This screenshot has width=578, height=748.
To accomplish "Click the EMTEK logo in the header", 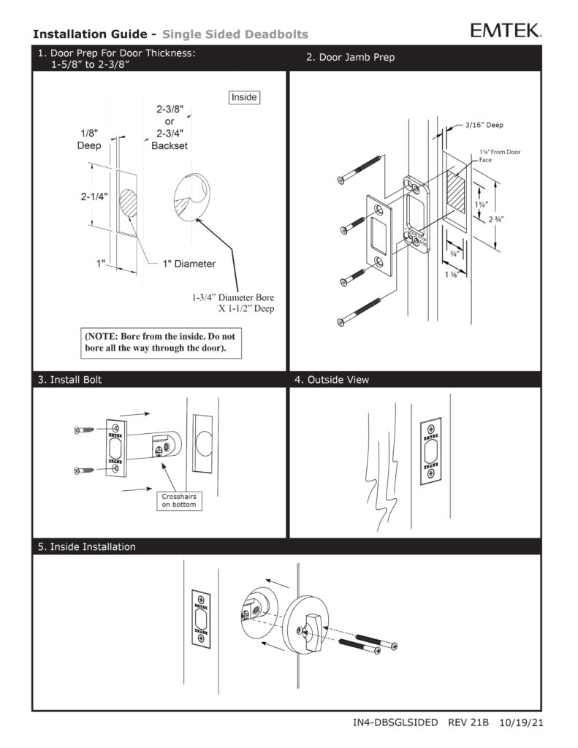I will coord(506,30).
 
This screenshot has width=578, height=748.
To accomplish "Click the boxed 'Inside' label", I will coord(244,97).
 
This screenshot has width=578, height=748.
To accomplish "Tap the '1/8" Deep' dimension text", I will coord(89,140).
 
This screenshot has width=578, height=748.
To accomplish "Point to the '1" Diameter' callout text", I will coord(189,264).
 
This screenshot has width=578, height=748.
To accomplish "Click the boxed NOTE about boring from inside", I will coord(161,343).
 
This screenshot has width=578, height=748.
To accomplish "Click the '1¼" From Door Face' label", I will coord(499,154).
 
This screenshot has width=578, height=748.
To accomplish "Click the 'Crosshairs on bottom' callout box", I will coord(179,500).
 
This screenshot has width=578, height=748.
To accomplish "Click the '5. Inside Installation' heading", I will coord(86,546).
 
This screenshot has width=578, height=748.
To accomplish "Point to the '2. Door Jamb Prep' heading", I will coord(351,58).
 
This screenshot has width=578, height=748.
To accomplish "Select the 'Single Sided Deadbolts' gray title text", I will coord(235,34).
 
